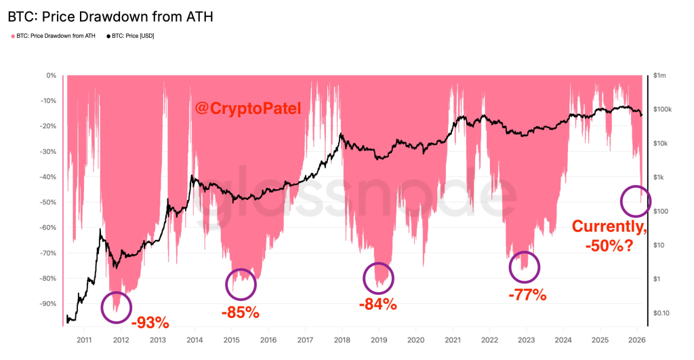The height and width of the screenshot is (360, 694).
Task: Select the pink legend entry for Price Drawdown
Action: pos(53,35)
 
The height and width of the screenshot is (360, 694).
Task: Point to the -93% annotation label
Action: pos(149,321)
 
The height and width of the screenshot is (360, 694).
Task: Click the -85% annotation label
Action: pos(240,313)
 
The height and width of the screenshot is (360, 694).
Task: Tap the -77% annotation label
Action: pos(527,294)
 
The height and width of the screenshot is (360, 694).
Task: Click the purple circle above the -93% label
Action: pos(117,307)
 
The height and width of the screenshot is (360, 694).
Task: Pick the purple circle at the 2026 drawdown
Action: pos(635,200)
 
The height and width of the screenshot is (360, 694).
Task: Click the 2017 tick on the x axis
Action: pos(305,339)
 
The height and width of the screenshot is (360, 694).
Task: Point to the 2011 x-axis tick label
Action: pos(84,339)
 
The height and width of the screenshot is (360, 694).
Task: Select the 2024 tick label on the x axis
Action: pos(563,339)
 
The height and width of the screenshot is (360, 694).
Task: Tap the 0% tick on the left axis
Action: pos(51,75)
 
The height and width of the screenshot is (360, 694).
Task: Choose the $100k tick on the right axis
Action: pos(661,109)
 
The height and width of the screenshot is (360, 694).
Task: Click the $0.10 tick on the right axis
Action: pos(661,313)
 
